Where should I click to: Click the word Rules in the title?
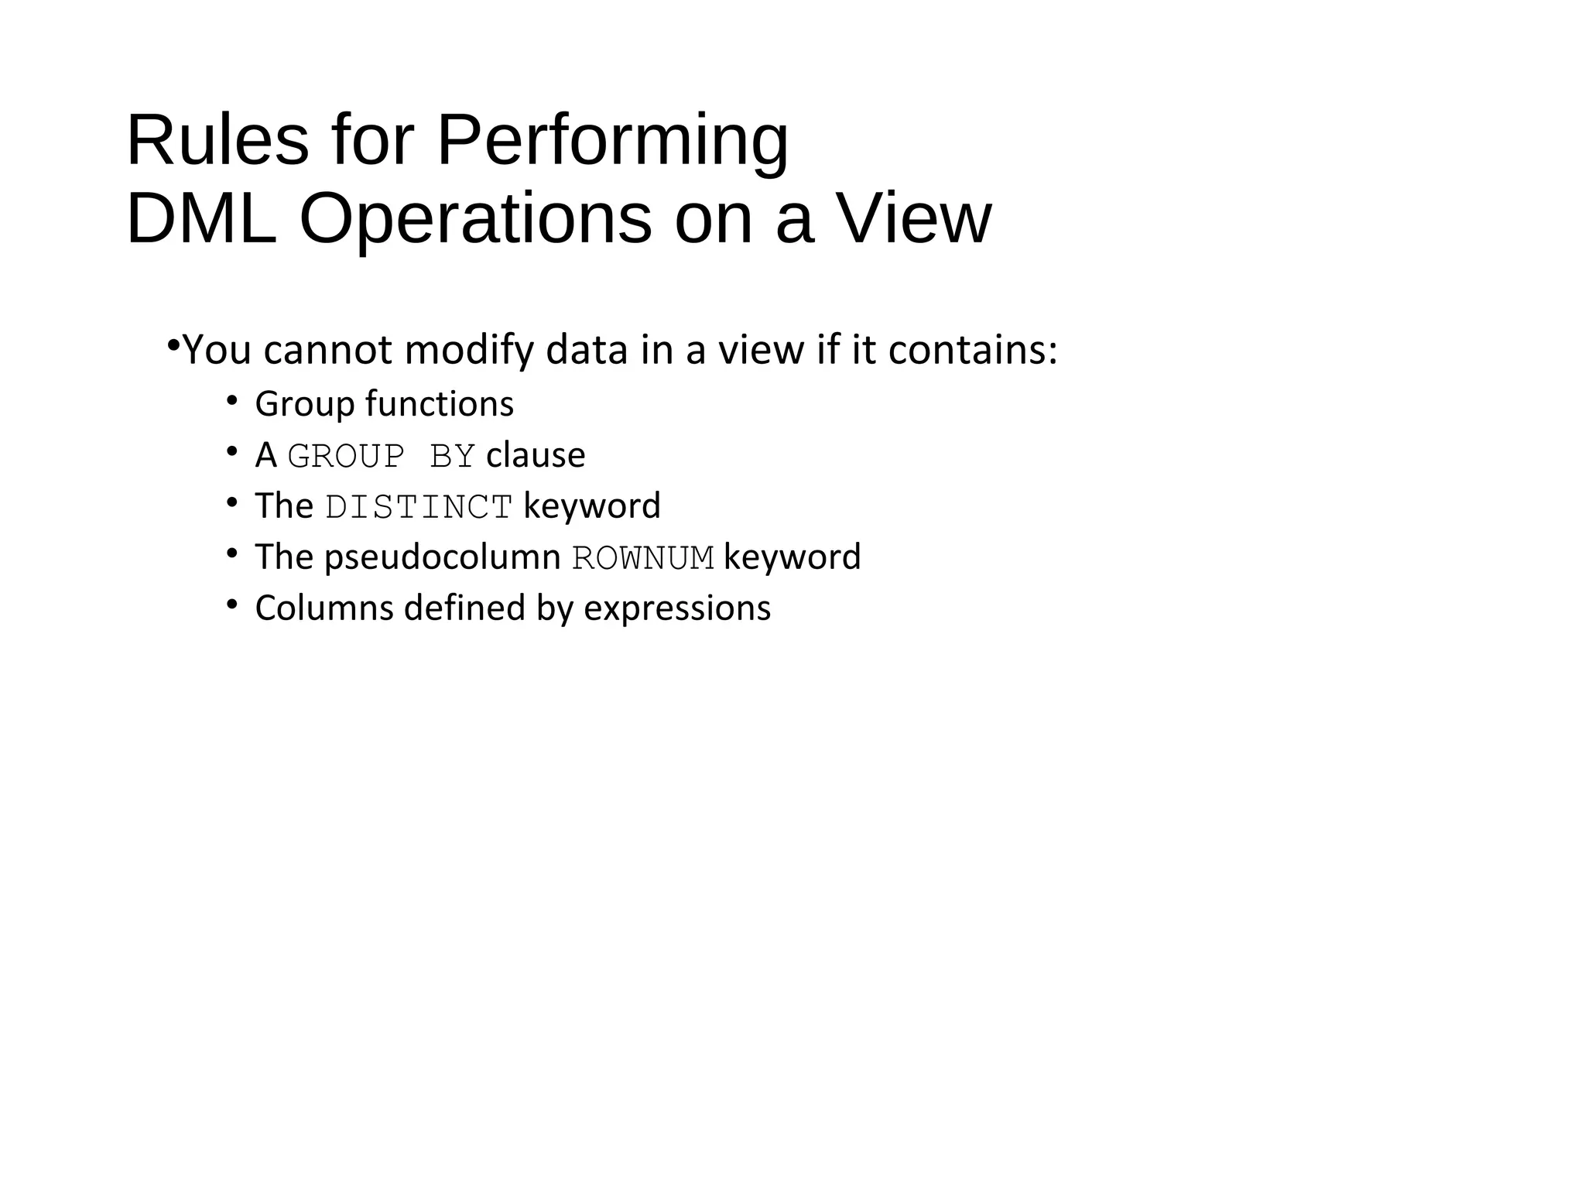click(x=217, y=141)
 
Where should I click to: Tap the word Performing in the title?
click(x=612, y=141)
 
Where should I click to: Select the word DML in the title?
click(x=201, y=220)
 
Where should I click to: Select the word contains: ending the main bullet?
click(x=973, y=350)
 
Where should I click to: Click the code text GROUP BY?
click(x=381, y=456)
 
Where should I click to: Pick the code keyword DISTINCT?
click(x=419, y=507)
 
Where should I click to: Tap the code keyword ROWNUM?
click(x=642, y=558)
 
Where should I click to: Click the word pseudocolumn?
click(x=442, y=558)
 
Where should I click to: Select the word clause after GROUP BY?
click(x=536, y=455)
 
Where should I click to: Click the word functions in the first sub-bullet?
click(x=439, y=404)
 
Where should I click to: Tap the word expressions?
click(x=677, y=608)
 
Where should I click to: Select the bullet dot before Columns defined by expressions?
click(x=231, y=605)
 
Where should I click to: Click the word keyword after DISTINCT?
click(x=592, y=506)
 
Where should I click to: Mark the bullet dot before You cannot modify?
click(x=173, y=344)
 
